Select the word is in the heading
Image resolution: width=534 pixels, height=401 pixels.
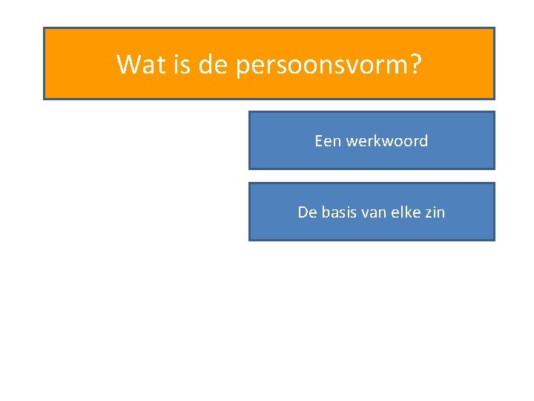(x=182, y=65)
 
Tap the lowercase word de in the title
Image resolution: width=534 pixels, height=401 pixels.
(x=214, y=65)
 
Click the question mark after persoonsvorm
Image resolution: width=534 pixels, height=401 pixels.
(x=415, y=65)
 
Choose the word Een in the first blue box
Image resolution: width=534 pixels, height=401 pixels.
(x=327, y=141)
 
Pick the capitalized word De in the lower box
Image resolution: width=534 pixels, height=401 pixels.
(x=307, y=212)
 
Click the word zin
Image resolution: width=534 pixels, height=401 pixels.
(x=435, y=212)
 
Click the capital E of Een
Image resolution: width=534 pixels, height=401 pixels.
(x=319, y=141)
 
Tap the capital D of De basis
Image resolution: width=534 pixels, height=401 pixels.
(x=303, y=212)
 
